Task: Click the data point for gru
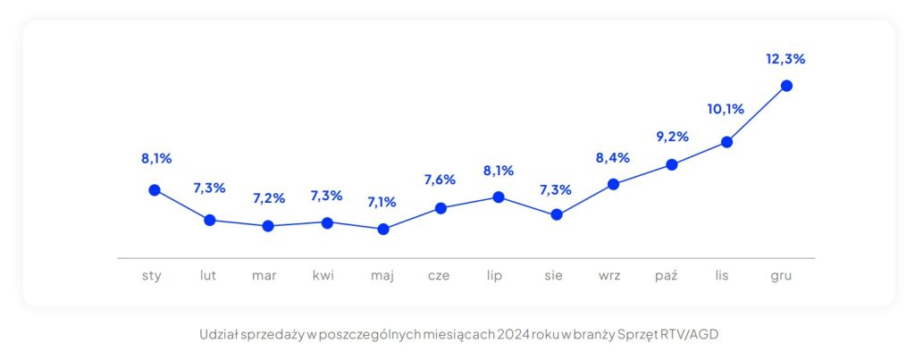click(x=786, y=86)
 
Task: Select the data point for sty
click(x=155, y=189)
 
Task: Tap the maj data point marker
click(x=383, y=229)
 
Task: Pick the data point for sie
click(x=557, y=214)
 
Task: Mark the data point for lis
click(x=727, y=141)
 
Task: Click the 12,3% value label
click(x=785, y=59)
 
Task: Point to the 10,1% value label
click(x=726, y=110)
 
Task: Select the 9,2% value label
click(x=671, y=137)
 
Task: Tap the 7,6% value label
click(x=439, y=180)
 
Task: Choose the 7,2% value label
click(x=268, y=198)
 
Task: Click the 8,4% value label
click(x=613, y=158)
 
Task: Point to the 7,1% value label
click(x=382, y=202)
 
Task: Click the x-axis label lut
click(x=208, y=275)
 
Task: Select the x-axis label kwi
click(x=323, y=275)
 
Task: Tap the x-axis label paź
click(x=667, y=275)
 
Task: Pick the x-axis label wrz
click(x=610, y=275)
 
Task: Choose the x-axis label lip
click(x=495, y=275)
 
